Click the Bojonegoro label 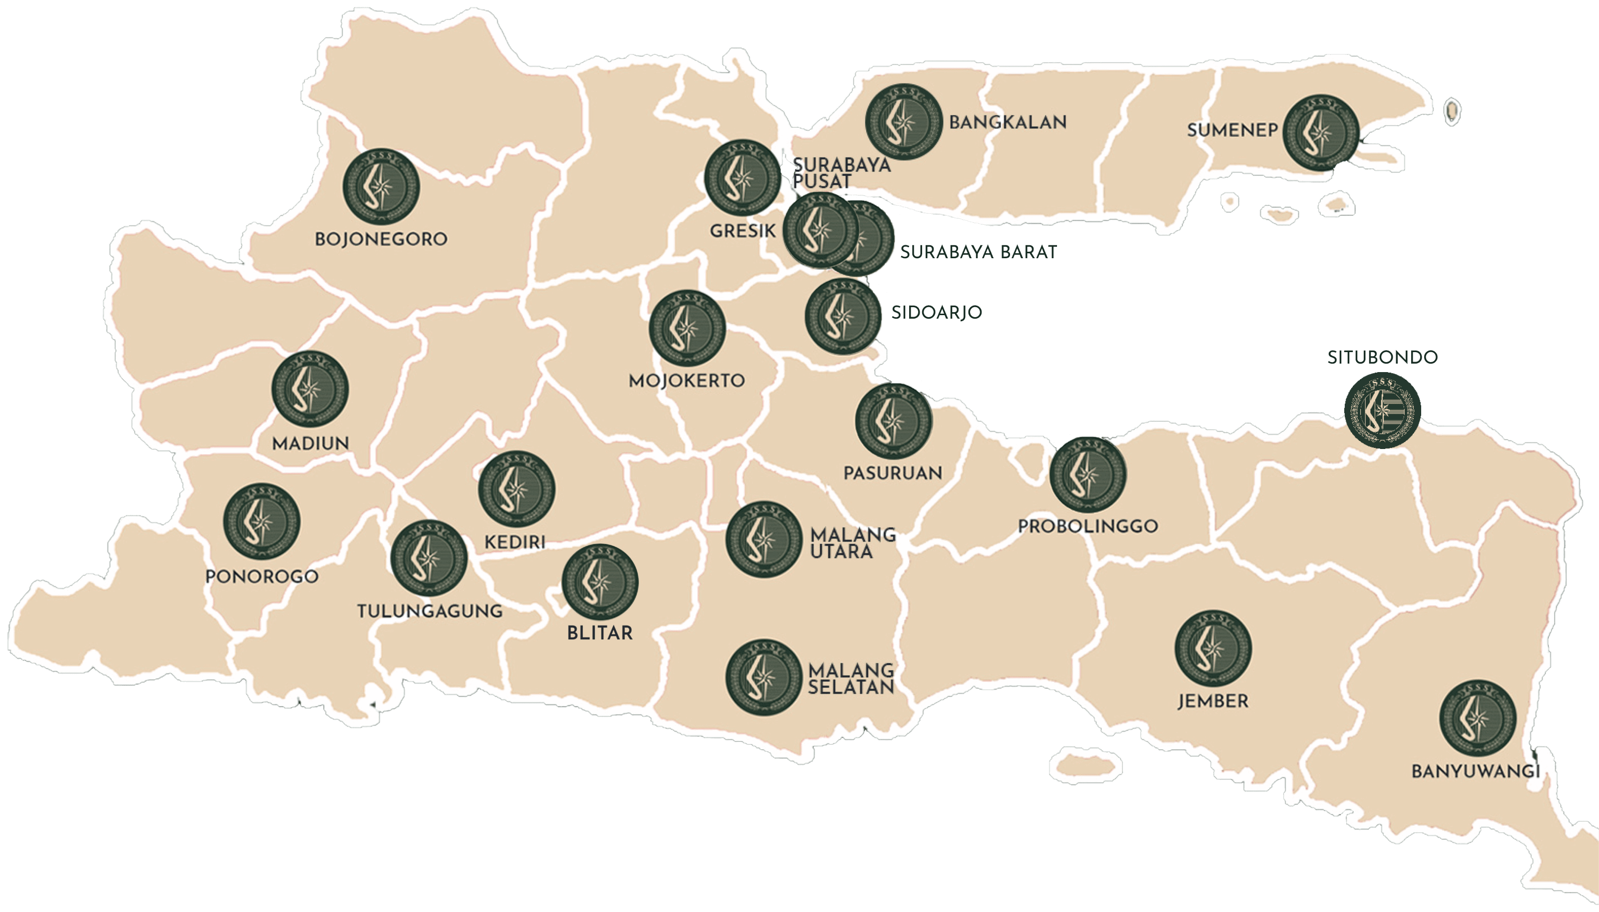point(381,239)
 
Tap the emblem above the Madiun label point(310,389)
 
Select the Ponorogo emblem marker point(262,521)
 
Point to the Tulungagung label point(430,611)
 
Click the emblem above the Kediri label point(517,488)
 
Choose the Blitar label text point(599,633)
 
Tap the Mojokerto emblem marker point(687,328)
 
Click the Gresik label point(742,231)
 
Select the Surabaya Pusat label point(841,173)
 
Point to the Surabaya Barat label point(978,252)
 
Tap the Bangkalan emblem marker point(903,121)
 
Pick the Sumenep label point(1232,130)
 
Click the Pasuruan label point(893,473)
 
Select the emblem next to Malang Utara point(763,539)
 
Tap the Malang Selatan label point(851,679)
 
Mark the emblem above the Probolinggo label point(1088,474)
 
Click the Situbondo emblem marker point(1382,410)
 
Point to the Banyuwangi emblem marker point(1478,718)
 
